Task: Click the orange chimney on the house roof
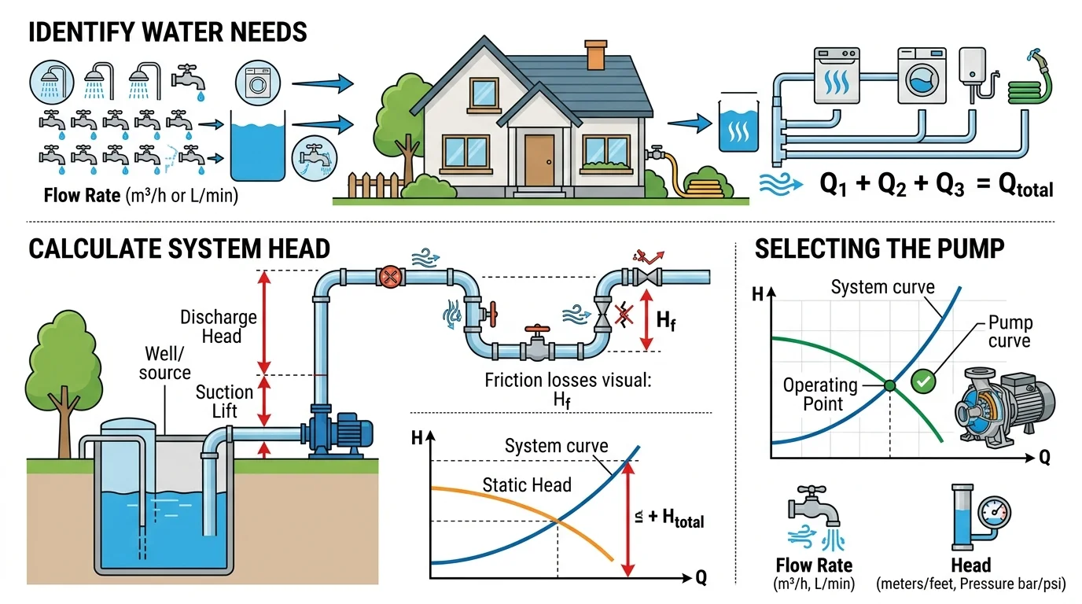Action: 595,55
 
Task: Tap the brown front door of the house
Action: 539,160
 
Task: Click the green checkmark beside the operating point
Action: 923,381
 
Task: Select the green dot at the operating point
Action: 889,385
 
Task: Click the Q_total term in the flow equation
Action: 1025,186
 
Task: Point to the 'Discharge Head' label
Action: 219,326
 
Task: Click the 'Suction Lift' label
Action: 225,401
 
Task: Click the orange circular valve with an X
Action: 390,278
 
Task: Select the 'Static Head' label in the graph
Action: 527,484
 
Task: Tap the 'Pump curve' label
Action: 1010,331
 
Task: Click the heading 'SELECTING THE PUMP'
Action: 879,249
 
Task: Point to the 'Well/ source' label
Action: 164,363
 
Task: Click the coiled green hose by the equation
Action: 1029,86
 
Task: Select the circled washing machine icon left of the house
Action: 258,83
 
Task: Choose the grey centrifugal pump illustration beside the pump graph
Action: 1005,407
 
